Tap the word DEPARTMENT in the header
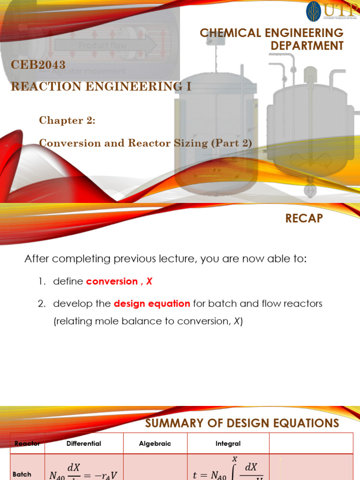tap(307, 45)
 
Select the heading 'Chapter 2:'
tap(67, 120)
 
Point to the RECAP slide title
tap(304, 218)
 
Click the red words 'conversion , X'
tap(119, 281)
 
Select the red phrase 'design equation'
tap(152, 303)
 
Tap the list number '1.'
tap(42, 281)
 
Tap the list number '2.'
tap(42, 303)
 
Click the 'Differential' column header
tap(83, 443)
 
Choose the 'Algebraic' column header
tap(155, 443)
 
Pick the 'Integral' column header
tap(228, 443)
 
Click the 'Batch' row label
tap(22, 474)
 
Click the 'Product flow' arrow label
tap(102, 46)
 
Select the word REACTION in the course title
tap(43, 86)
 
